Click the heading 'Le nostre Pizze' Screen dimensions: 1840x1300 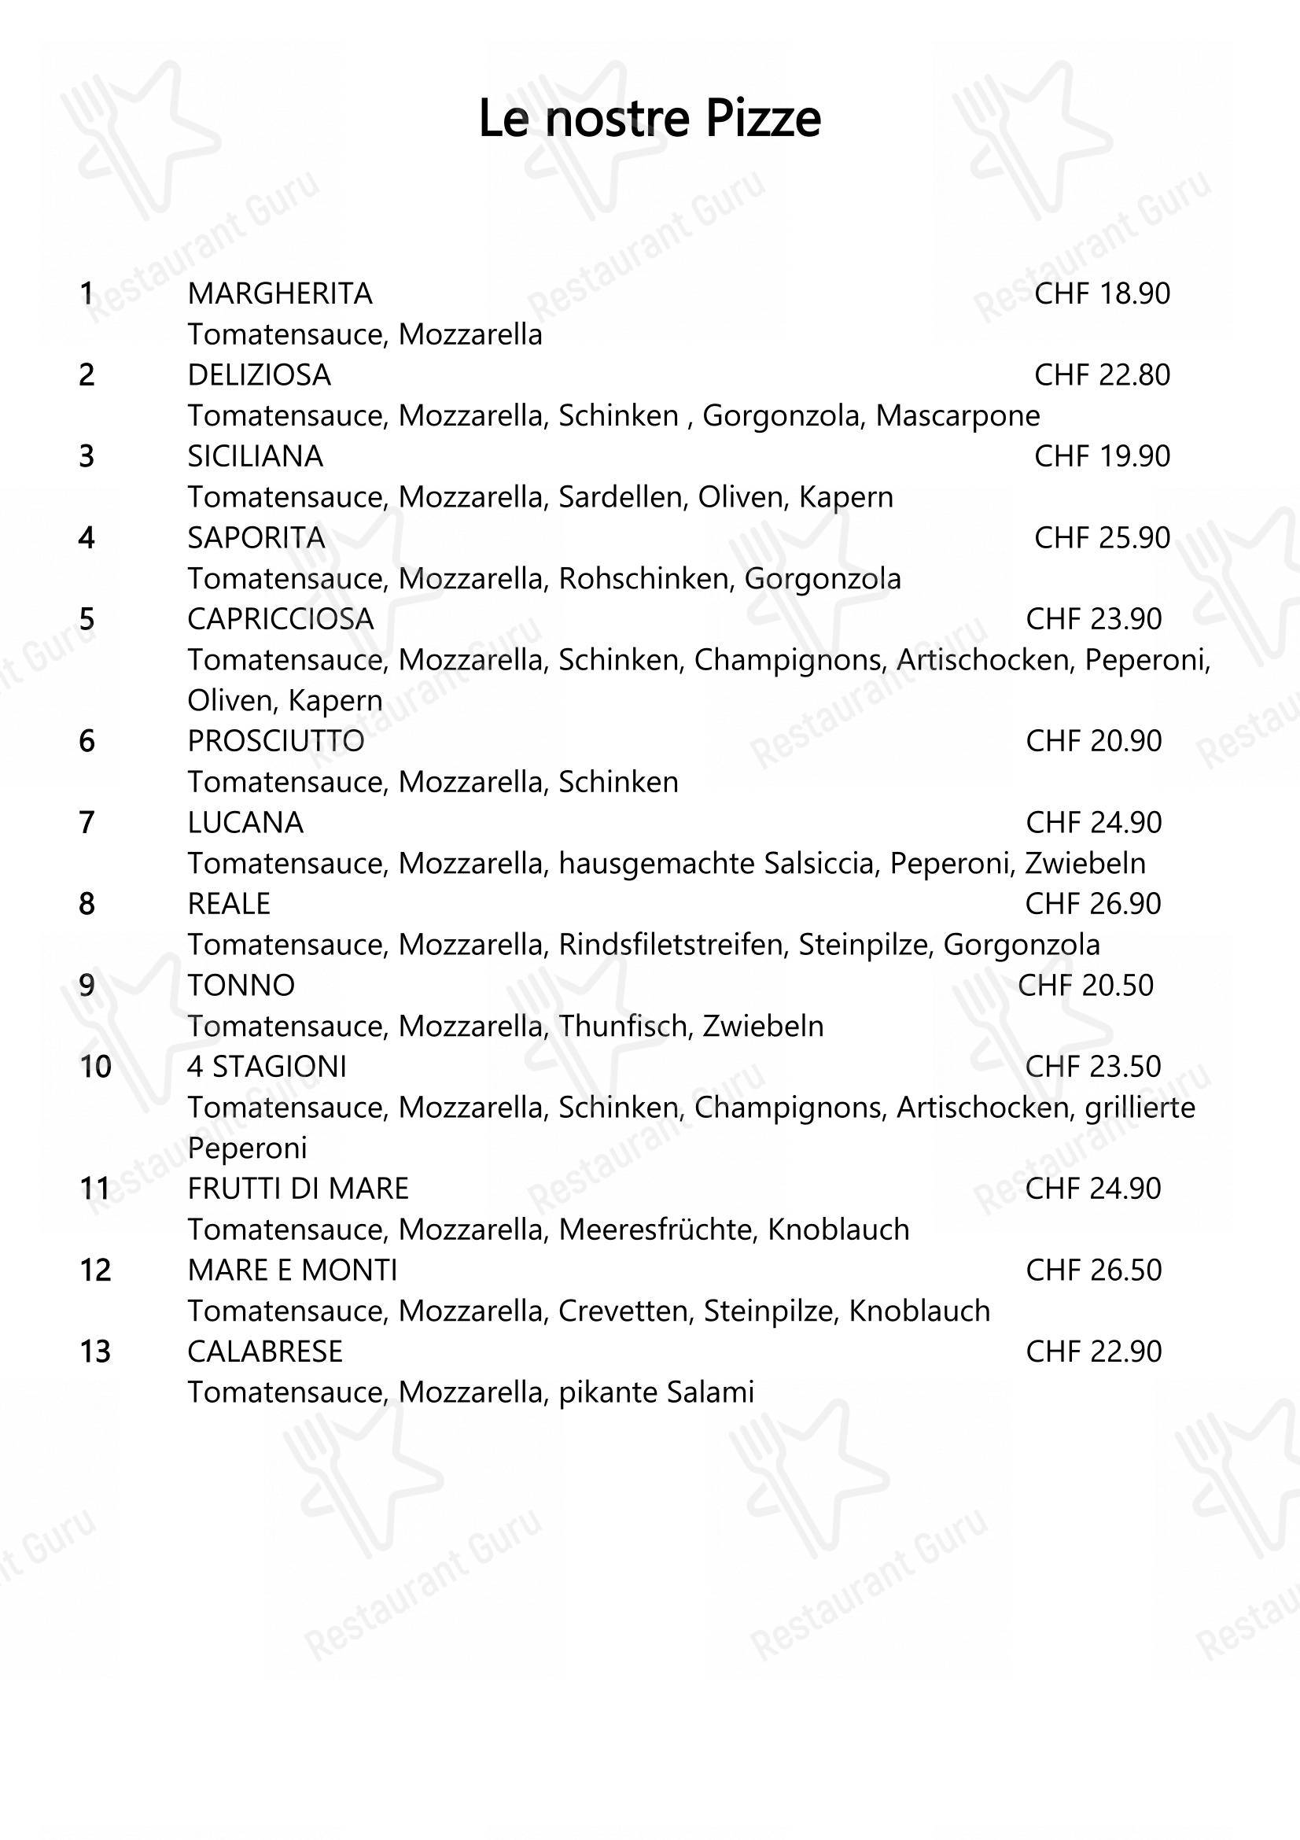[x=650, y=119]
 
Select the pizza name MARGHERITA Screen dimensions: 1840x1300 [x=279, y=294]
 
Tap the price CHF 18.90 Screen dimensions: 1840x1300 [x=1101, y=294]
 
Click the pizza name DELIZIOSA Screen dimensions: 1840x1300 [x=259, y=375]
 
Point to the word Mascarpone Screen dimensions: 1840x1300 [x=957, y=416]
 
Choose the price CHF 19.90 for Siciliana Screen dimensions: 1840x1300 [x=1101, y=457]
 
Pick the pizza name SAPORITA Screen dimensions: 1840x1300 [x=256, y=538]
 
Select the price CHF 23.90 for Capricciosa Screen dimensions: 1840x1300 [x=1093, y=619]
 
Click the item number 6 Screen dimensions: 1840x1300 [x=87, y=741]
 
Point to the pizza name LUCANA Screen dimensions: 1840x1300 [x=245, y=823]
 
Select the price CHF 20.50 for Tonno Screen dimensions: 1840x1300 [x=1085, y=986]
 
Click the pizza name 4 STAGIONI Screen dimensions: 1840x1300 [x=267, y=1067]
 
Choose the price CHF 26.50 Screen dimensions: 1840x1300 [x=1093, y=1270]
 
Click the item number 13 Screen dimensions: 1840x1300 [x=94, y=1352]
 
